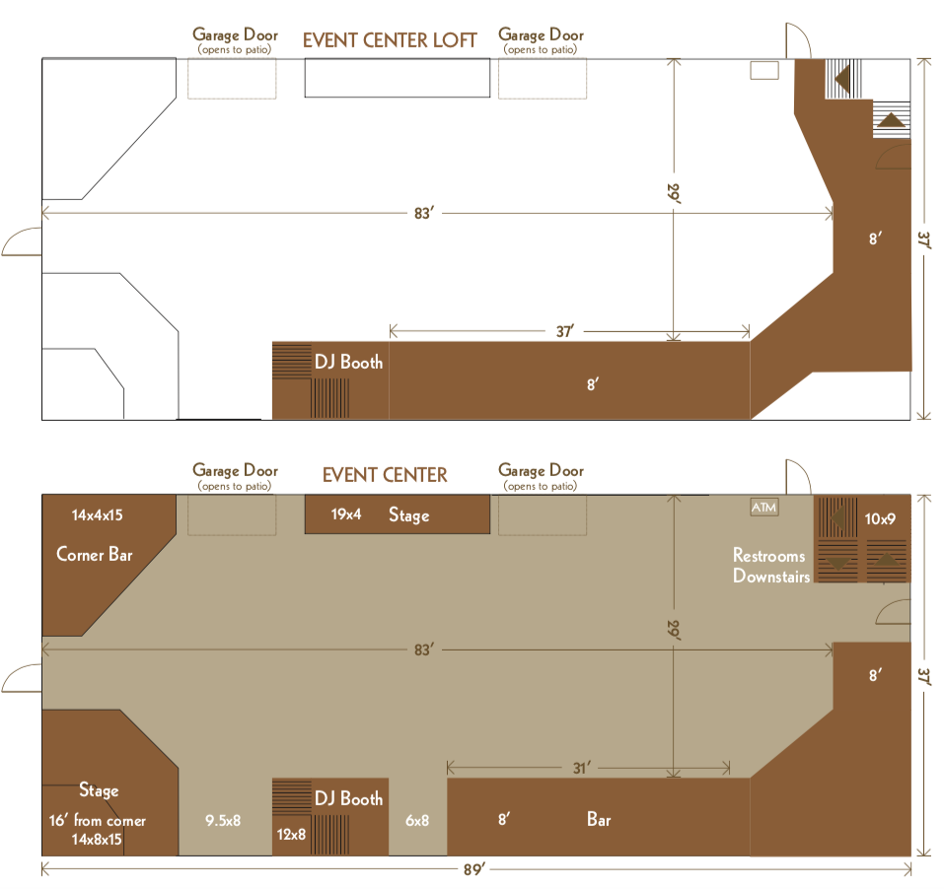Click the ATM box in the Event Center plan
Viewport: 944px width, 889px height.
click(x=764, y=507)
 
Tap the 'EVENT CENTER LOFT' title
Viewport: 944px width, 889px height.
click(x=390, y=40)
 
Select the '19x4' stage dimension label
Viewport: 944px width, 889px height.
click(x=346, y=514)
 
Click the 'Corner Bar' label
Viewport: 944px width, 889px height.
click(x=95, y=554)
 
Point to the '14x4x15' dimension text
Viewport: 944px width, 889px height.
click(x=97, y=514)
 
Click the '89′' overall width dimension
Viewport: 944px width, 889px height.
click(x=473, y=869)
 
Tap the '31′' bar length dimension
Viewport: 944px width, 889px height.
click(x=581, y=768)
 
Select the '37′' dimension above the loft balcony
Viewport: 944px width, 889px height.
click(x=564, y=331)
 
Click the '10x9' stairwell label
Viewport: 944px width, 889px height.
click(x=880, y=518)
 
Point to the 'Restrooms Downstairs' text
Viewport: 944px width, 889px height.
click(x=771, y=566)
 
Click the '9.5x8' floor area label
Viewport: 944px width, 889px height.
click(x=223, y=820)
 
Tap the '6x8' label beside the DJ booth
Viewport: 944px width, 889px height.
click(x=417, y=820)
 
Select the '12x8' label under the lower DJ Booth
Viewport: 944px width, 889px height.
click(x=291, y=834)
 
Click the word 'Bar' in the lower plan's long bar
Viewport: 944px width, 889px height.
click(x=599, y=819)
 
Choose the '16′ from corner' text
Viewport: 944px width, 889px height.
click(x=98, y=820)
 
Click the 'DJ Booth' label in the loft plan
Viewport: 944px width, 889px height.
click(x=348, y=362)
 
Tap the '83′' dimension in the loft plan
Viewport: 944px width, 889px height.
click(x=424, y=214)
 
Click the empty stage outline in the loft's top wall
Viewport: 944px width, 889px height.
click(x=398, y=78)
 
